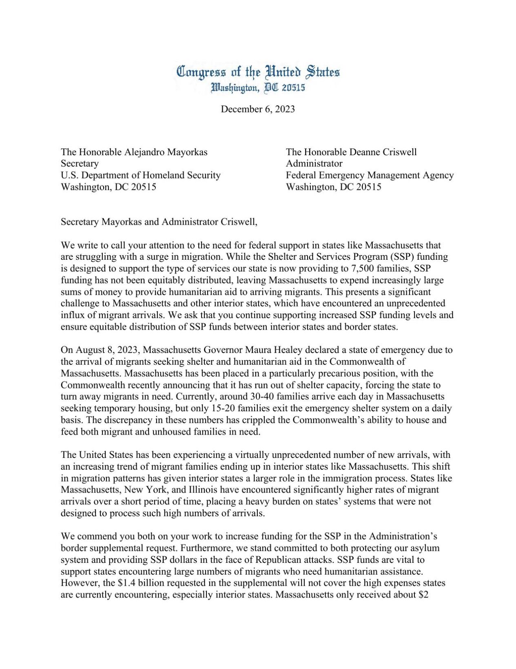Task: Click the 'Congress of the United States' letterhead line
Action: (x=258, y=72)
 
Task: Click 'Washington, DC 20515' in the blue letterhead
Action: (x=258, y=87)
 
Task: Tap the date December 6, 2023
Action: (x=258, y=109)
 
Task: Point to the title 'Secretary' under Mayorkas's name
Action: (x=80, y=163)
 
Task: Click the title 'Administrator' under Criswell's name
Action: (x=314, y=163)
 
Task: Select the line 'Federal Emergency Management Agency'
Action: (x=370, y=175)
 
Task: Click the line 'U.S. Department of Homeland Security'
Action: (x=140, y=175)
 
